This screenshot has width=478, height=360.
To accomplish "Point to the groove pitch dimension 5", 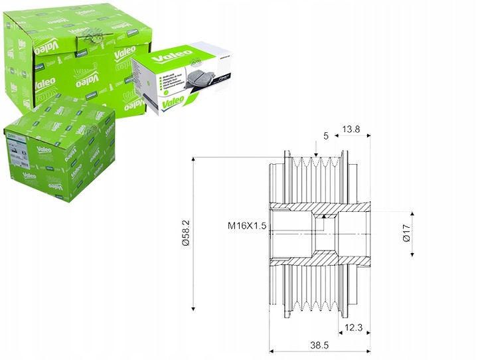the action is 326,136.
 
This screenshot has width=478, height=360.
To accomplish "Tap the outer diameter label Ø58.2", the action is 186,233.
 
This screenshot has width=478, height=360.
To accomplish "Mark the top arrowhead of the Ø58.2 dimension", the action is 193,159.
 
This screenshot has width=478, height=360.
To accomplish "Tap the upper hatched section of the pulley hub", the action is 325,212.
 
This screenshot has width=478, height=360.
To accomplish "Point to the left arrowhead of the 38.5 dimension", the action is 272,350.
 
